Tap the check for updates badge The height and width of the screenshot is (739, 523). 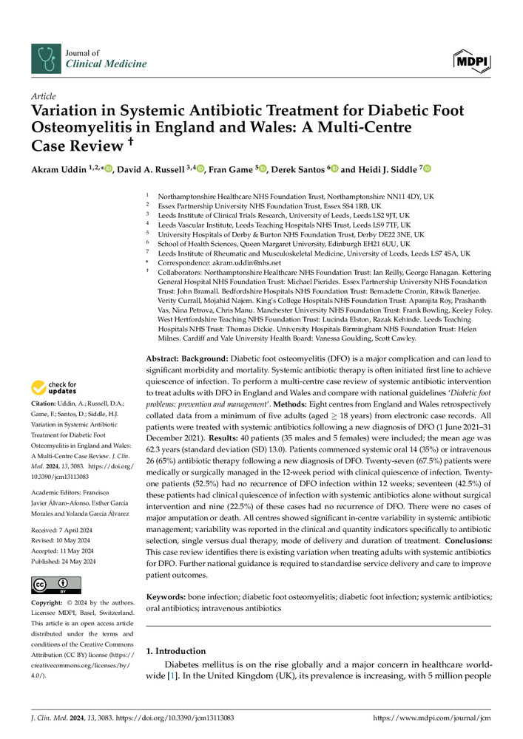pyautogui.click(x=53, y=388)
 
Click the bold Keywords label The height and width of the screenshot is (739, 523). pyautogui.click(x=170, y=596)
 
